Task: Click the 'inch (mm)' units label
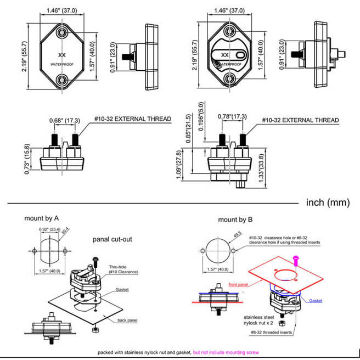(x=327, y=202)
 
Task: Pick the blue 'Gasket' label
(x=316, y=301)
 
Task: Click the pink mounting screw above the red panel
(x=296, y=258)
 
